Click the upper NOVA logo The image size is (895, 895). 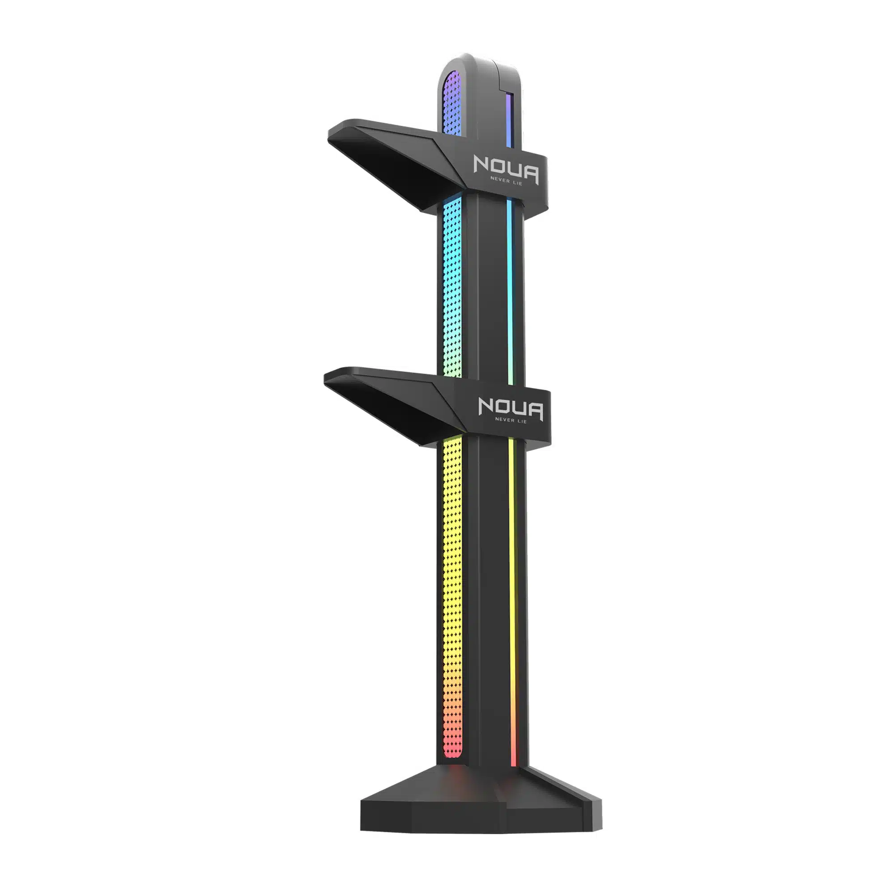coord(506,170)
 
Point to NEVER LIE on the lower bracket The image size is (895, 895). coord(511,420)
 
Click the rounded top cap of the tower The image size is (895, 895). coord(479,69)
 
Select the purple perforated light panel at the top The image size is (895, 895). coord(452,104)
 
